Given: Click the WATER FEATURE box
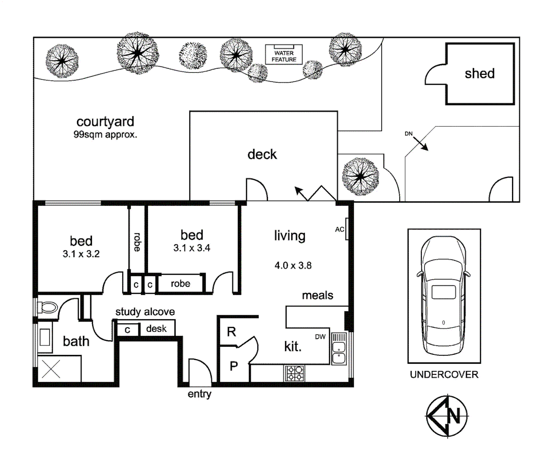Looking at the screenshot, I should [284, 55].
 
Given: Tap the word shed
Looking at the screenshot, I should [480, 74].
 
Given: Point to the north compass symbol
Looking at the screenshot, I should [447, 416].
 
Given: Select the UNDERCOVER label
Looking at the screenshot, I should [444, 375].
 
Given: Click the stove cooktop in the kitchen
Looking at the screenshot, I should [294, 373].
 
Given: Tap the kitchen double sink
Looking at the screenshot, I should [339, 353].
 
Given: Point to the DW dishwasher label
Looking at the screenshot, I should [320, 337].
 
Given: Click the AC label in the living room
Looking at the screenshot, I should [339, 230].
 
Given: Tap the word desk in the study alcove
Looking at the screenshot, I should [156, 328].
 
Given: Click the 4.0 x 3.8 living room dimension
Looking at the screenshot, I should [293, 266].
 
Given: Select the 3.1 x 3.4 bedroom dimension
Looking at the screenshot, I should [192, 248].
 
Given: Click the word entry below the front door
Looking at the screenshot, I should [199, 394].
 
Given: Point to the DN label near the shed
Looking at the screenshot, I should [409, 134].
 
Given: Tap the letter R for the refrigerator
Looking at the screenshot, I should [232, 331].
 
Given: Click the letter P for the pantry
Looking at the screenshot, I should [234, 366].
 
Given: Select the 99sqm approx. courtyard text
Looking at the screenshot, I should [105, 135].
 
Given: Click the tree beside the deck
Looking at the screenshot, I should [360, 176].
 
